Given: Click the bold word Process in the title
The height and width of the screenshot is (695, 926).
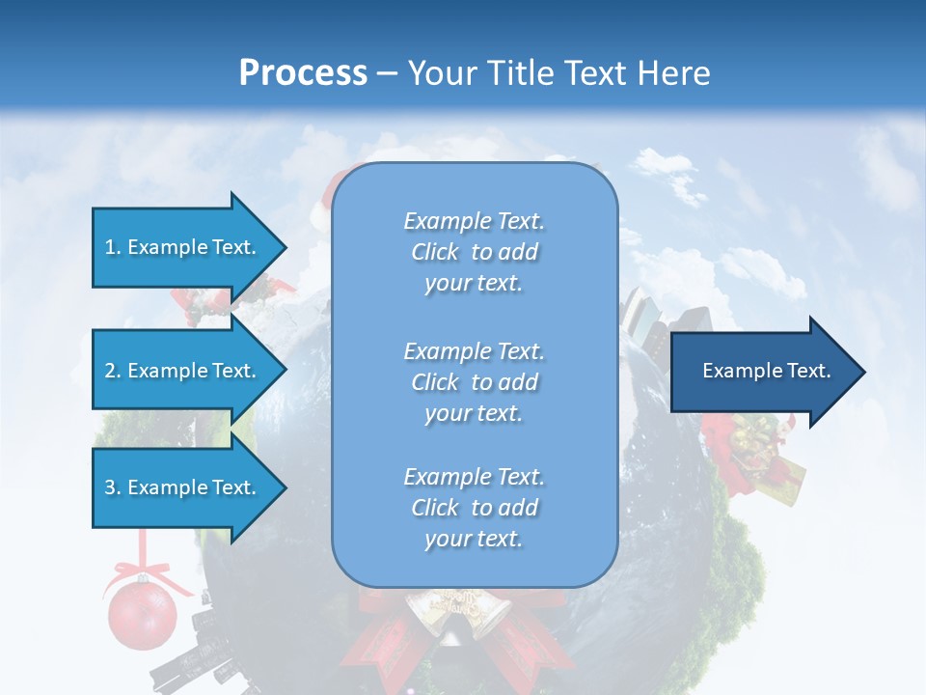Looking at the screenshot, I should click(303, 73).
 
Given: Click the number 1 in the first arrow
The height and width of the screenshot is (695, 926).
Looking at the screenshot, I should click(110, 247).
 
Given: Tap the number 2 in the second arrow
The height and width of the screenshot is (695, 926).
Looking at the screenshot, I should click(110, 371).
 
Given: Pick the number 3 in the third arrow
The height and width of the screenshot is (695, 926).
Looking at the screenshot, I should click(110, 487).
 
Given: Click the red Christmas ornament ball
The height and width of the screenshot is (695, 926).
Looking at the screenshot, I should click(142, 614).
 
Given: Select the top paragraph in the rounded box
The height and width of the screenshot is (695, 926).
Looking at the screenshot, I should click(474, 252).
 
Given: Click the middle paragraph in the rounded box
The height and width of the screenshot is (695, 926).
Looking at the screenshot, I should click(474, 382).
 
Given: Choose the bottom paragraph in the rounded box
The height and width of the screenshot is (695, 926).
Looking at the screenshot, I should click(474, 508).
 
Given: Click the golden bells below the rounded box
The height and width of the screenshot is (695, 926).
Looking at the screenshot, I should click(453, 613).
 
